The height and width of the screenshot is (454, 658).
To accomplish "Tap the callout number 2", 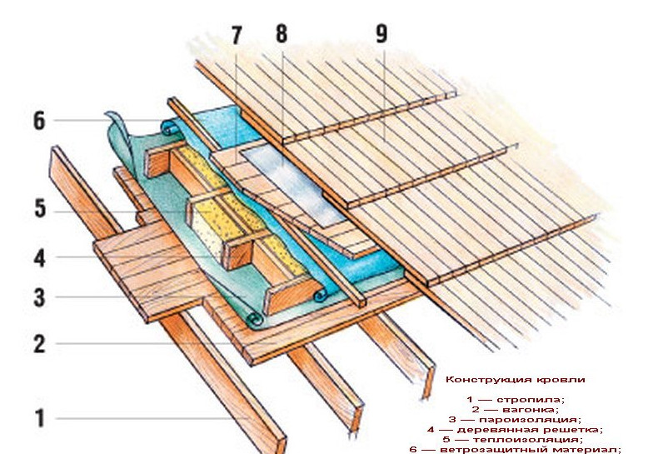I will [x=38, y=344].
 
